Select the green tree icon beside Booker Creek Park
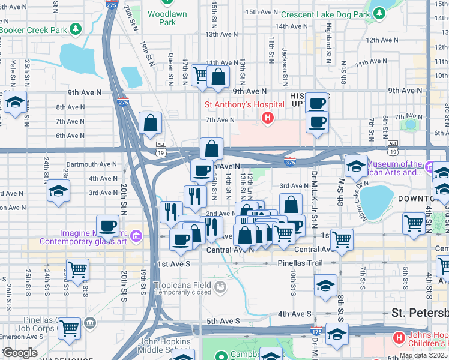(x=76, y=29)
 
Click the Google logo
(x=19, y=353)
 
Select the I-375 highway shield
(x=289, y=162)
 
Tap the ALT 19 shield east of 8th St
(x=393, y=143)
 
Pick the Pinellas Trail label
(x=300, y=263)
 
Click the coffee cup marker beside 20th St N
(x=107, y=226)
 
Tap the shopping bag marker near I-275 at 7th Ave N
(x=150, y=124)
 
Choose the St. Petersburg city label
(x=420, y=313)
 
